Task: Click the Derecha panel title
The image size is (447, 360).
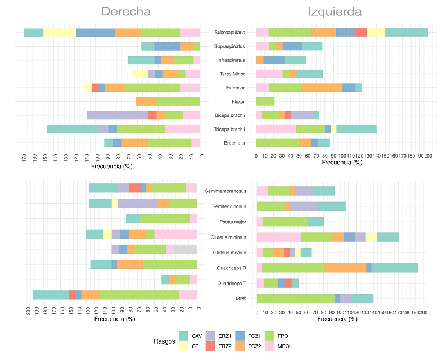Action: pos(125,12)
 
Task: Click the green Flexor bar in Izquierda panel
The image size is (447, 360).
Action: pos(265,101)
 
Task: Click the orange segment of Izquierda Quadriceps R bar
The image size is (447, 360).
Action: pos(345,268)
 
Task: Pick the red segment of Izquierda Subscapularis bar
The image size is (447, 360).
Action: pos(360,33)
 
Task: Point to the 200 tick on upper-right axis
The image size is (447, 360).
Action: pos(428,156)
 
